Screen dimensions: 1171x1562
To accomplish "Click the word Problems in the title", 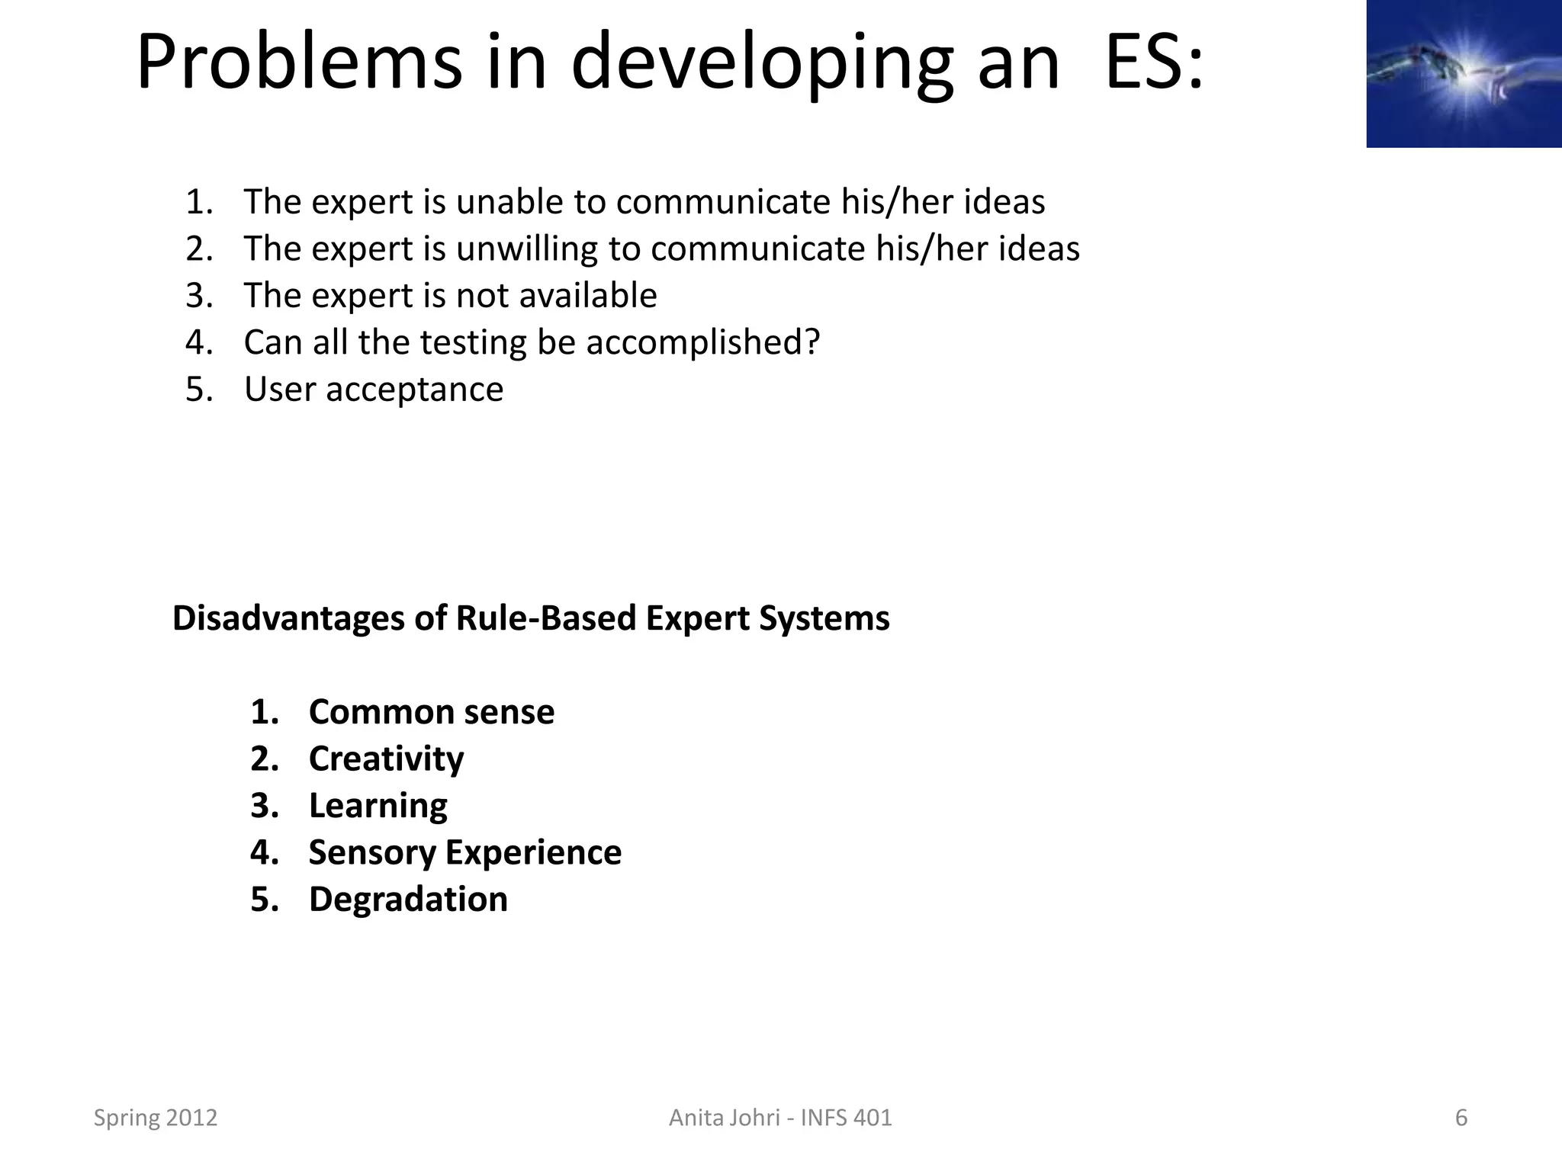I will tap(299, 63).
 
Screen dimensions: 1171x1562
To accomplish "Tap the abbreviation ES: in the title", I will tap(1153, 63).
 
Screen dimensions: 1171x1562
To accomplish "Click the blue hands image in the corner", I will tap(1463, 73).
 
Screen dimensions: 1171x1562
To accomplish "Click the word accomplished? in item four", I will tap(702, 342).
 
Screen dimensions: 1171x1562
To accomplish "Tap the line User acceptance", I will tap(373, 390).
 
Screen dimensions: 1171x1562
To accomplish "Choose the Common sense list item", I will tap(431, 712).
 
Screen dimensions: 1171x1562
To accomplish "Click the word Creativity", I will tap(386, 759).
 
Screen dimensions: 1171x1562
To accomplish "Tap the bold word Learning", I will tap(378, 806).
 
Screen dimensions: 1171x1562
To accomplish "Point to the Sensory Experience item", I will tap(464, 852).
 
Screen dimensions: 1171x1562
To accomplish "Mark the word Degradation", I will tap(408, 900).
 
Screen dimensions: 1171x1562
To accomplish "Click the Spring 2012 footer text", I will tap(156, 1118).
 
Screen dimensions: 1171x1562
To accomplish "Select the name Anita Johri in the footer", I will tap(725, 1118).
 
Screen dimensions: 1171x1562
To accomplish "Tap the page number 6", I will tap(1461, 1118).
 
